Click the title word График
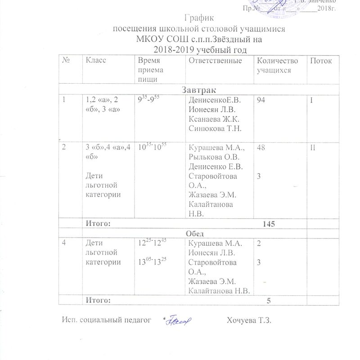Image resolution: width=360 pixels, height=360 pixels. [199, 18]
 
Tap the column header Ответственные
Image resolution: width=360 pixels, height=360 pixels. [216, 61]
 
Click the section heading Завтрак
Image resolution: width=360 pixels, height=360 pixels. [198, 90]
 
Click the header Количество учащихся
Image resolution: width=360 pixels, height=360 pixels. [276, 65]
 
